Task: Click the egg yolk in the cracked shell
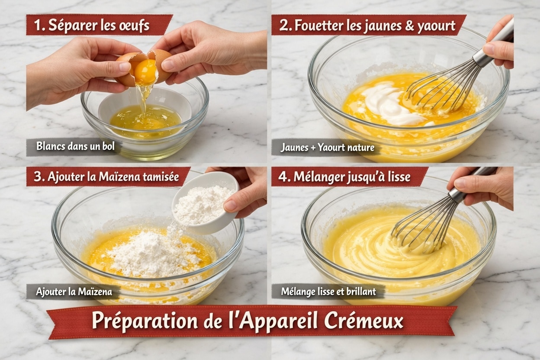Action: click(145, 71)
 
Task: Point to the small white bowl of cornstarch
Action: click(206, 202)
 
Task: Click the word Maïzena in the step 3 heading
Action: click(119, 177)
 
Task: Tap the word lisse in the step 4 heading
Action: click(400, 177)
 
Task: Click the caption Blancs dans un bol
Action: click(75, 146)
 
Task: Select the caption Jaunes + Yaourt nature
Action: click(328, 147)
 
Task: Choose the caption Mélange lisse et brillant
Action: click(328, 292)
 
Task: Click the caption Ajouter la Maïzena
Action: click(74, 292)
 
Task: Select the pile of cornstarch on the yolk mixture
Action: click(154, 253)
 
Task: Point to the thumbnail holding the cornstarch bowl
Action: click(231, 205)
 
